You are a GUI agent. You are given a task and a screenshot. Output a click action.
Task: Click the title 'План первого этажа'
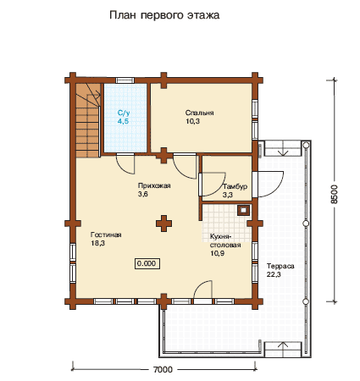pyautogui.click(x=164, y=15)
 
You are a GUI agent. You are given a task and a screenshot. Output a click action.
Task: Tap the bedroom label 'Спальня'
pyautogui.click(x=199, y=113)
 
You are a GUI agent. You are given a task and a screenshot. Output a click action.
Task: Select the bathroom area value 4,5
pyautogui.click(x=124, y=121)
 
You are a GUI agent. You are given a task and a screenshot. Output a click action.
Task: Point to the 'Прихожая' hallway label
pyautogui.click(x=154, y=185)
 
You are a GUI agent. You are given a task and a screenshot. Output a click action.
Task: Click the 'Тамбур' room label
pyautogui.click(x=235, y=186)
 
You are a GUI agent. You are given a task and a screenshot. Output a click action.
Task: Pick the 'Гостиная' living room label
pyautogui.click(x=106, y=235)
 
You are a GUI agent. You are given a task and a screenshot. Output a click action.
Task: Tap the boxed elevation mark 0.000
pyautogui.click(x=147, y=263)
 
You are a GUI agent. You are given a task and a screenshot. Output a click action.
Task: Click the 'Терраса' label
pyautogui.click(x=280, y=266)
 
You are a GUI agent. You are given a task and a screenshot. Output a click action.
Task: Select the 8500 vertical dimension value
pyautogui.click(x=335, y=194)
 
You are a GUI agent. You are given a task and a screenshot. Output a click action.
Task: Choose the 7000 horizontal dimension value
pyautogui.click(x=163, y=369)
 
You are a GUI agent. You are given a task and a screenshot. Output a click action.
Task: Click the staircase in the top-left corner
pyautogui.click(x=88, y=120)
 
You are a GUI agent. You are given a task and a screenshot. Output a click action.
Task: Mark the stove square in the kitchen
pyautogui.click(x=243, y=210)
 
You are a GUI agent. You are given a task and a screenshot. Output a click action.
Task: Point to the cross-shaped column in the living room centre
pyautogui.click(x=163, y=224)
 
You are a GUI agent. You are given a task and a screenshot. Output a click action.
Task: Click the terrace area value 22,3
pyautogui.click(x=274, y=274)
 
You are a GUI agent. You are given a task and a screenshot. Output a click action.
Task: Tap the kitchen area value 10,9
pyautogui.click(x=217, y=253)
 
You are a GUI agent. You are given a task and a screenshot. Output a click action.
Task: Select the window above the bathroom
pyautogui.click(x=125, y=80)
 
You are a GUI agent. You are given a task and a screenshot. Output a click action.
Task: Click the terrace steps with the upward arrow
pyautogui.click(x=283, y=350)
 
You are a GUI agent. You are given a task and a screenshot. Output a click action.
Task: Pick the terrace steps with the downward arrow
pyautogui.click(x=283, y=149)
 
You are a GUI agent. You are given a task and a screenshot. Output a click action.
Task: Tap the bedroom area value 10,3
pyautogui.click(x=192, y=121)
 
